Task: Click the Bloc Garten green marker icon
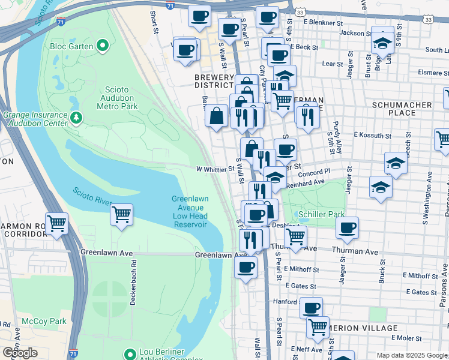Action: coord(103,46)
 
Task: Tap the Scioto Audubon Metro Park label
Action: coord(118,98)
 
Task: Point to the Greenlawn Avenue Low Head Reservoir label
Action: coord(189,211)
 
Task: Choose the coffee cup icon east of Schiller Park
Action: coord(347,227)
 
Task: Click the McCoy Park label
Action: coord(44,321)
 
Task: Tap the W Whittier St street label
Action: coord(215,170)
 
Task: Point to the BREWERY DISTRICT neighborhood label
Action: coord(214,81)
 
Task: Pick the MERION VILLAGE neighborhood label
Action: coord(365,328)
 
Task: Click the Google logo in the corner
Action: coord(20,353)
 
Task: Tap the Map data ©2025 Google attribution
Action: coord(412,355)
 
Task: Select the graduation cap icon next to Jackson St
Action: coord(382,41)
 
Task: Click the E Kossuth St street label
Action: coord(372,136)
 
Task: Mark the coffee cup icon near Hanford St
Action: coord(311,308)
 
